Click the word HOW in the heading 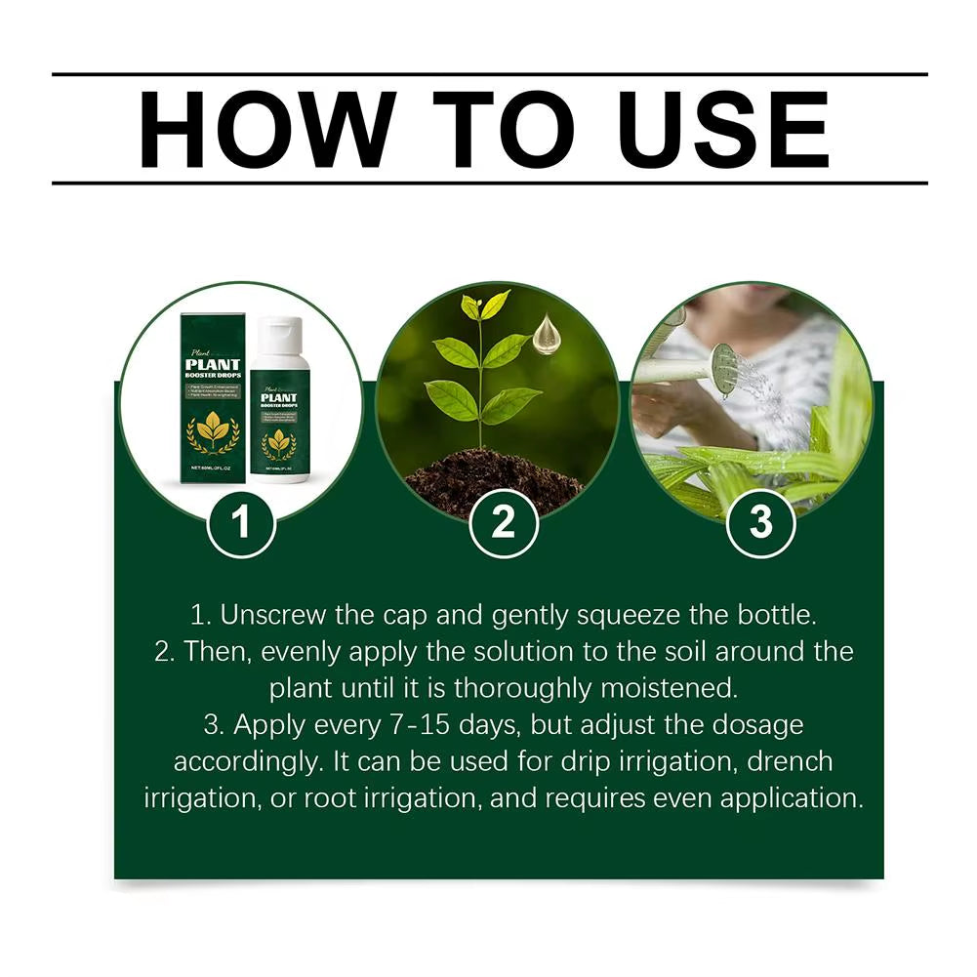pyautogui.click(x=257, y=129)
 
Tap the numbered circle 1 pyautogui.click(x=241, y=524)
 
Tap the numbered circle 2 pyautogui.click(x=502, y=524)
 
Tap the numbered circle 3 pyautogui.click(x=761, y=524)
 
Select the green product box pyautogui.click(x=213, y=400)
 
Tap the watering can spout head pyautogui.click(x=723, y=370)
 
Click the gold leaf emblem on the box pyautogui.click(x=213, y=429)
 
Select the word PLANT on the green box pyautogui.click(x=213, y=367)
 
